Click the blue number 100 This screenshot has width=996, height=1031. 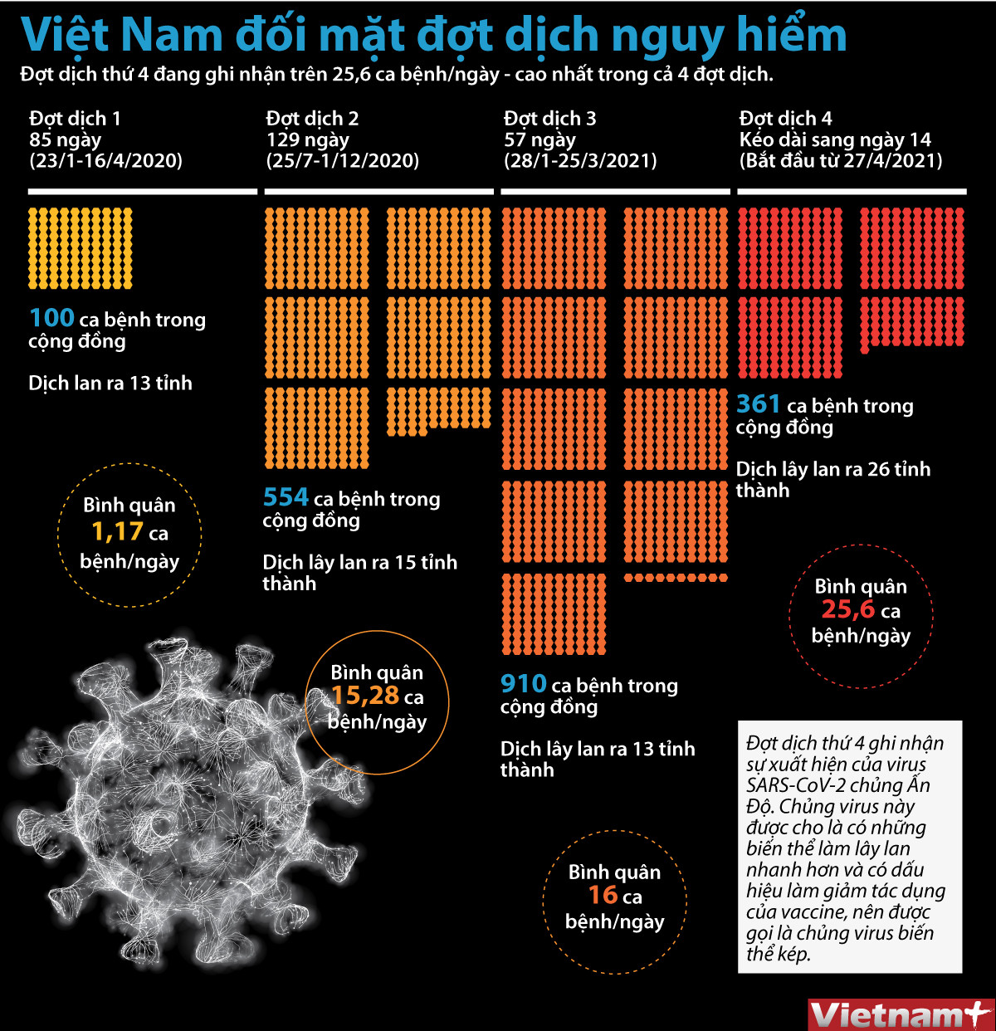tap(51, 318)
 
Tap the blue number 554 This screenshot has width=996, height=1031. tap(286, 497)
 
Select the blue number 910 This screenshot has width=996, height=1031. tap(523, 684)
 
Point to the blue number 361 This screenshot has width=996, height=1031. tap(759, 404)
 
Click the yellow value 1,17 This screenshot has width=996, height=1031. tap(117, 532)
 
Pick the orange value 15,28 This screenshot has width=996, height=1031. tap(365, 696)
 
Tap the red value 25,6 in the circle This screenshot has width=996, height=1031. tap(847, 610)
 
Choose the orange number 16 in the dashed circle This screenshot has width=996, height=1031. tap(603, 896)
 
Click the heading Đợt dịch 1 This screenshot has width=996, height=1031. tap(75, 119)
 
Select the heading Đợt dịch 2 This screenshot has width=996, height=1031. tap(312, 119)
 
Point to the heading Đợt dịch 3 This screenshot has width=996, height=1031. tap(549, 119)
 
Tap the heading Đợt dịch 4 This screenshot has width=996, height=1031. tap(785, 119)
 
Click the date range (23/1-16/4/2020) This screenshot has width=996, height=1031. tap(105, 160)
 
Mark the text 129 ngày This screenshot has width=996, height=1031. tap(307, 139)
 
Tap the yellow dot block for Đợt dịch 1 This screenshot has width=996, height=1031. tap(81, 248)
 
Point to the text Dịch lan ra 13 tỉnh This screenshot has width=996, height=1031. tap(110, 384)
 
